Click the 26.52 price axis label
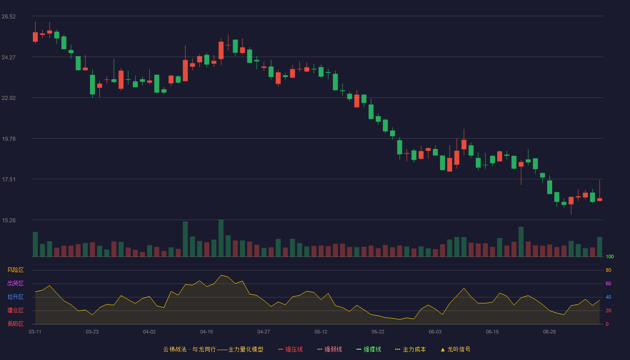9,17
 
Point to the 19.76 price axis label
9,139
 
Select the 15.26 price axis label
9,220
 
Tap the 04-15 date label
207,332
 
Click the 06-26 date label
549,332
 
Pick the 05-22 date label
378,332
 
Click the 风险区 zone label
15,270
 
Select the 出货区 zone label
15,283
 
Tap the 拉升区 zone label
15,297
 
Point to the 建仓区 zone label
15,310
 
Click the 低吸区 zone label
15,324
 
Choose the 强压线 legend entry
290,349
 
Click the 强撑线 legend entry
369,349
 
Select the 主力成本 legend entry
410,349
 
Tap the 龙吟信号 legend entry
455,349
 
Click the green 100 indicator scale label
610,256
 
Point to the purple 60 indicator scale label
608,283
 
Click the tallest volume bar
221,238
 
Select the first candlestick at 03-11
35,33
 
